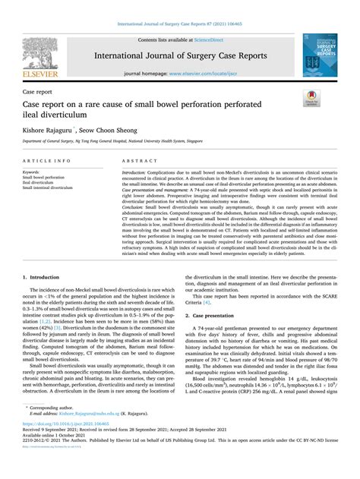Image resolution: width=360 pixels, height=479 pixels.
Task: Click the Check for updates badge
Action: [311, 97]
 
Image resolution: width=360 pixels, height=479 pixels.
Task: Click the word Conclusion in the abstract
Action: [134, 206]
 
